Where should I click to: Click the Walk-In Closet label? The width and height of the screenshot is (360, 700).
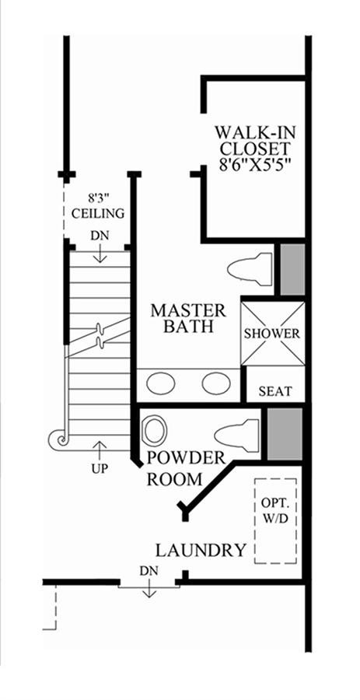click(255, 140)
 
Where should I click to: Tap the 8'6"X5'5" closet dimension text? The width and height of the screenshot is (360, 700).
click(255, 164)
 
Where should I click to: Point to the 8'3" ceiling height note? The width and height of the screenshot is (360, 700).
click(98, 205)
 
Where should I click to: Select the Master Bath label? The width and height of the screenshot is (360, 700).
click(188, 318)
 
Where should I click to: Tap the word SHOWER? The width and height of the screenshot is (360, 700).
click(272, 334)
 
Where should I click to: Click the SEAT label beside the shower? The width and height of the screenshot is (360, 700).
click(275, 391)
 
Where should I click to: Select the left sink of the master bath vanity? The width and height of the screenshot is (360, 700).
click(161, 383)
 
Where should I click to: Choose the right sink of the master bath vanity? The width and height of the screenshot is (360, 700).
click(216, 383)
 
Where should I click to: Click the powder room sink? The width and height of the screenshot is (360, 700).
click(155, 431)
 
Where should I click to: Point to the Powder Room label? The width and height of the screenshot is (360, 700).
click(186, 468)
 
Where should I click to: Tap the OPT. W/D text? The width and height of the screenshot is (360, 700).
click(275, 511)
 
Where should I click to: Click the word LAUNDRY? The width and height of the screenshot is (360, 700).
click(201, 551)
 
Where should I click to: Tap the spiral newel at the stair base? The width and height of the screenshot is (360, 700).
click(61, 439)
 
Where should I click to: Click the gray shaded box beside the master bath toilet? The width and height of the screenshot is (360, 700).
click(292, 269)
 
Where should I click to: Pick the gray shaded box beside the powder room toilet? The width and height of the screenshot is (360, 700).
click(285, 434)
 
